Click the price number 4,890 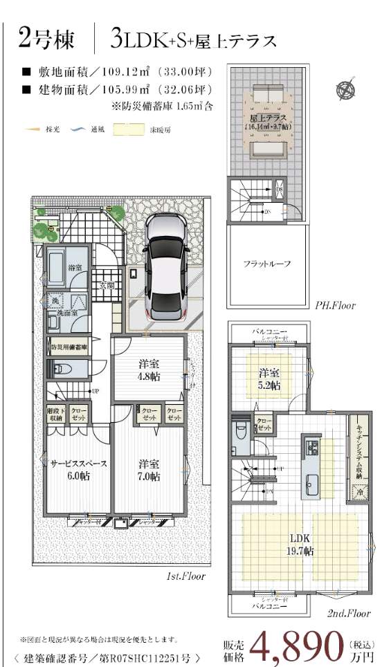tap(300, 645)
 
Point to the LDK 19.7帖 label tap(300, 545)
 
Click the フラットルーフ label tap(266, 264)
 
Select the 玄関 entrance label tap(106, 284)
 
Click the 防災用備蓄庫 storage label tap(68, 347)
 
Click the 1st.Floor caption tap(185, 575)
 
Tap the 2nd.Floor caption tap(348, 612)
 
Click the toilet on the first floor tap(59, 369)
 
